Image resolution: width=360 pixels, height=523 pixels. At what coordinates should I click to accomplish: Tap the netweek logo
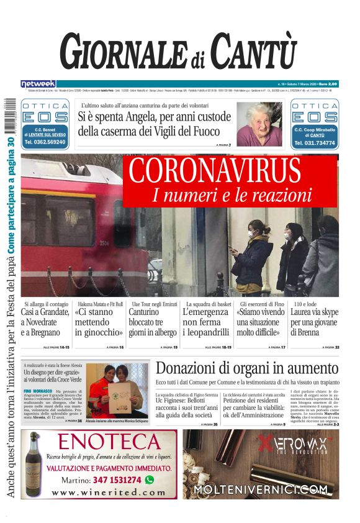38,84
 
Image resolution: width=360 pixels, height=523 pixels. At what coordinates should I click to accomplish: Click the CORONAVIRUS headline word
215,171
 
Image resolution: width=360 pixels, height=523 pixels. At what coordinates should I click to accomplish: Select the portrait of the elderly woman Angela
256,124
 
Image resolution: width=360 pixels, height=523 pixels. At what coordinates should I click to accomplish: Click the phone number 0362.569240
45,142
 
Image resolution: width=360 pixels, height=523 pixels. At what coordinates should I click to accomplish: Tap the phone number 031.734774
314,143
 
